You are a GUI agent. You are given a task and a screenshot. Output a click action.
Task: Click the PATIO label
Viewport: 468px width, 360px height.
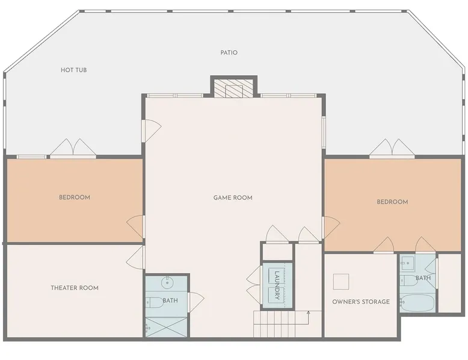(x=229, y=53)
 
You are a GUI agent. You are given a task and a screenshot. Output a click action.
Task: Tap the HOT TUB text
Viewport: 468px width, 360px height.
(x=74, y=70)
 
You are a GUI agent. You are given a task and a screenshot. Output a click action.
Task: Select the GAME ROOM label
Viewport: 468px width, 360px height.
(x=233, y=198)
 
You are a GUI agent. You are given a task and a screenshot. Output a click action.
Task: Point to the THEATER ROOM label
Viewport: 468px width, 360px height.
(x=75, y=288)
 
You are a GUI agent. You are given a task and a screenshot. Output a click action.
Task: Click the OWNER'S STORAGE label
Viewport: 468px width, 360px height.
(x=361, y=302)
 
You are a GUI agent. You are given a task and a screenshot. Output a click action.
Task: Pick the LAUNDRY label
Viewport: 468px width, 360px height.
(x=277, y=285)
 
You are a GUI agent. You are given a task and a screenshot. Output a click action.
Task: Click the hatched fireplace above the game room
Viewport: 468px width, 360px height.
(x=234, y=88)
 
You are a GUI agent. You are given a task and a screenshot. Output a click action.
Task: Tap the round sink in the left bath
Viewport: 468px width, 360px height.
(x=167, y=281)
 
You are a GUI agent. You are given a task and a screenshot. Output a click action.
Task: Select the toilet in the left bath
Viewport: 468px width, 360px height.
(x=154, y=302)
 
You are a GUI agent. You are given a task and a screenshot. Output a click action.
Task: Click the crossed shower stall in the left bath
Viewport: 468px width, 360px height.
(x=166, y=327)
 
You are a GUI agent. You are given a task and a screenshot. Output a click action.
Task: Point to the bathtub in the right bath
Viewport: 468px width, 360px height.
(x=417, y=303)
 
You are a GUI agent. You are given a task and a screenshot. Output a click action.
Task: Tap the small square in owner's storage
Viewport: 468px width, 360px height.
(x=341, y=281)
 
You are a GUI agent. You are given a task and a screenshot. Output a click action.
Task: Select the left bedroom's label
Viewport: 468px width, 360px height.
(x=75, y=198)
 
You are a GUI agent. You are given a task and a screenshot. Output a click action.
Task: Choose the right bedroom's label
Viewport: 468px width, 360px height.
(x=392, y=202)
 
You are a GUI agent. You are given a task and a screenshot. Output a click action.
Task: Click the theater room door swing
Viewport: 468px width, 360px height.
(x=135, y=258)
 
